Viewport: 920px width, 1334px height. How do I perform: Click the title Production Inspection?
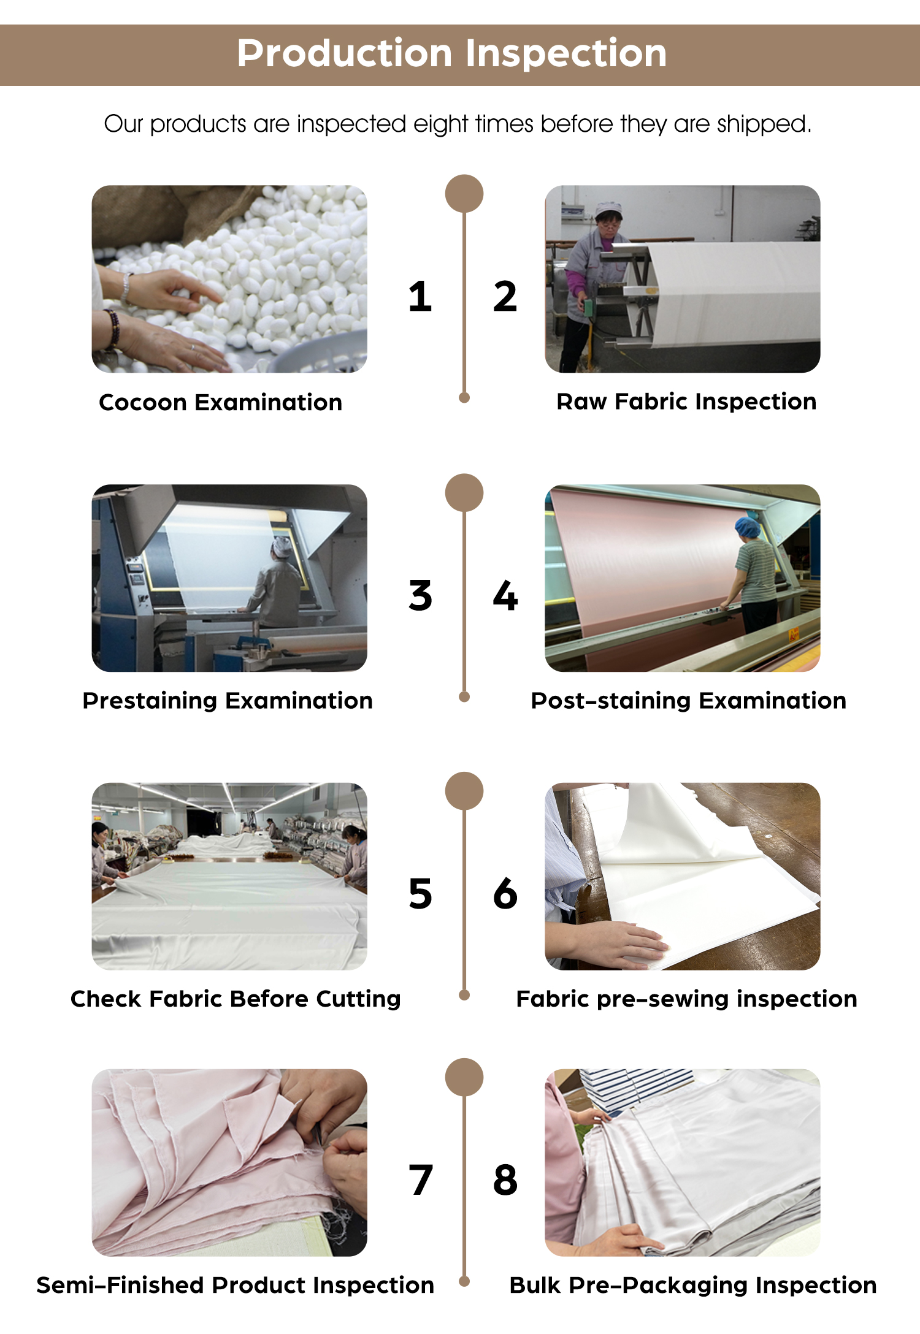pyautogui.click(x=451, y=53)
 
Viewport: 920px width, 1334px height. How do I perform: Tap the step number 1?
pyautogui.click(x=420, y=297)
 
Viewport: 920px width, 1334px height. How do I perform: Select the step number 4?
pyautogui.click(x=505, y=595)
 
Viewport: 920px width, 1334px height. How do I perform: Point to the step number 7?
pyautogui.click(x=421, y=1180)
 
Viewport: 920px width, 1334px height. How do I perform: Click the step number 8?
pyautogui.click(x=505, y=1180)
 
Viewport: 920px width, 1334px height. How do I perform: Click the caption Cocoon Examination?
pyautogui.click(x=221, y=402)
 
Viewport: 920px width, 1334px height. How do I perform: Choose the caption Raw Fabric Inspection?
pyautogui.click(x=686, y=402)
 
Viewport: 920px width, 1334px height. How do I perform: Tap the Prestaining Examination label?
pyautogui.click(x=228, y=701)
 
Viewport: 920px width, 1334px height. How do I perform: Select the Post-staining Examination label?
pyautogui.click(x=688, y=701)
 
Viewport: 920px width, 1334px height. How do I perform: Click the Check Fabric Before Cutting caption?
pyautogui.click(x=236, y=999)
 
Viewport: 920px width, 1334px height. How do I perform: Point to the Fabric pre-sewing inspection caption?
pyautogui.click(x=686, y=999)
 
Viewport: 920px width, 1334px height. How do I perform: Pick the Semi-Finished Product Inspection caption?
pyautogui.click(x=236, y=1285)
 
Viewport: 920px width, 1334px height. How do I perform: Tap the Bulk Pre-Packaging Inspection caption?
pyautogui.click(x=693, y=1286)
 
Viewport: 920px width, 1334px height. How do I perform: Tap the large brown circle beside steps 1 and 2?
pyautogui.click(x=464, y=194)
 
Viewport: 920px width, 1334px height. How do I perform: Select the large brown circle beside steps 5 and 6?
pyautogui.click(x=464, y=791)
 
